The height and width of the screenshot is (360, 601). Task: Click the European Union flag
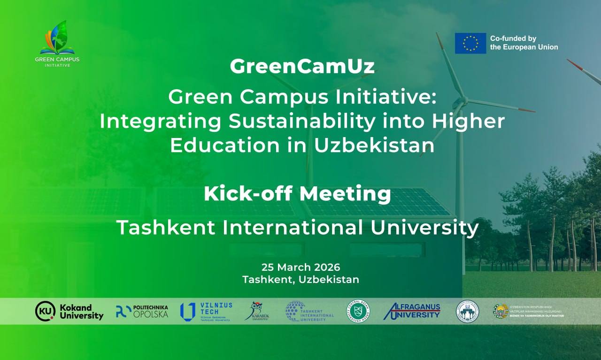[x=470, y=43]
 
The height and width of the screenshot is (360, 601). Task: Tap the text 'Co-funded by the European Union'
[x=524, y=43]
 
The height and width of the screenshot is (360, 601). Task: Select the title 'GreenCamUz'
[x=302, y=67]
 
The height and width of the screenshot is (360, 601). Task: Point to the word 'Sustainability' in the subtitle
[x=302, y=122]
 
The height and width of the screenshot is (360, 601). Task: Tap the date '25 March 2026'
[x=300, y=267]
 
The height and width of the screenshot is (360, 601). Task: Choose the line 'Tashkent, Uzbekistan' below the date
[x=300, y=279]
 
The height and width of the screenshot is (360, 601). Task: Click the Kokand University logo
[x=69, y=311]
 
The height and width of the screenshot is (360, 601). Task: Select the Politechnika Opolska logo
[x=142, y=311]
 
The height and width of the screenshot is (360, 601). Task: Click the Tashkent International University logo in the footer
[x=309, y=311]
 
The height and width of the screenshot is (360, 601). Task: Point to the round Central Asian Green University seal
[x=358, y=311]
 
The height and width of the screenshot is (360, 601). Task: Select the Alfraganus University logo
[x=412, y=311]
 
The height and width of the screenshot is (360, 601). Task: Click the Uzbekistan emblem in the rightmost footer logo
[x=501, y=311]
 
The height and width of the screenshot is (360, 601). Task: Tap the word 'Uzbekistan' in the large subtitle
[x=374, y=146]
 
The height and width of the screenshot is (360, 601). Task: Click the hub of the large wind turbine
[x=463, y=100]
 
